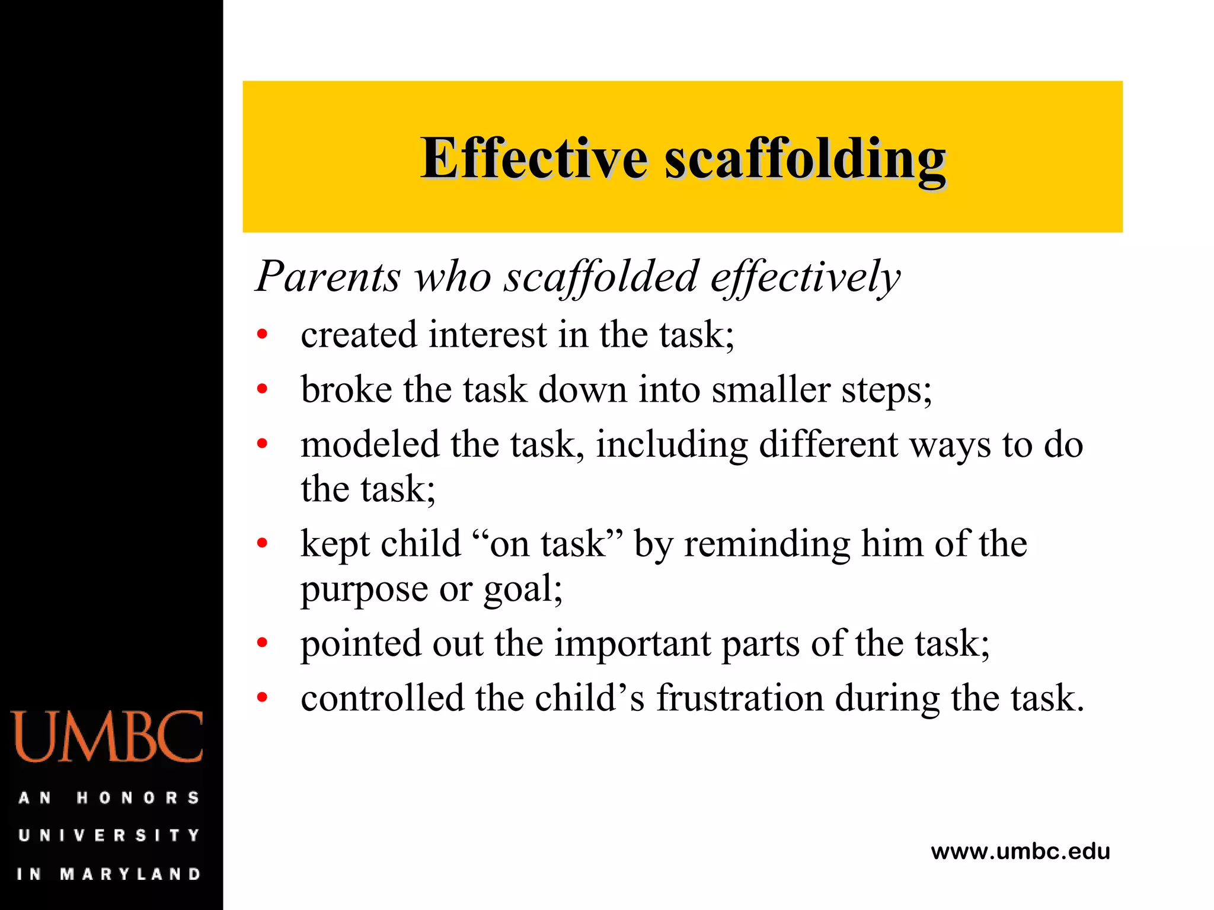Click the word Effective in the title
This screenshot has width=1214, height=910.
(x=533, y=158)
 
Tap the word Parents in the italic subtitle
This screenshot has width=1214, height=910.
(x=328, y=276)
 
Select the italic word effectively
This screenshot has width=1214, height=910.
(x=805, y=277)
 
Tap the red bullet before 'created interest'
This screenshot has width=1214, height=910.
(x=262, y=335)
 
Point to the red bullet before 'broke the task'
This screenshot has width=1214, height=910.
(x=262, y=389)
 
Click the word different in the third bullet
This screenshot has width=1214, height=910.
(x=828, y=444)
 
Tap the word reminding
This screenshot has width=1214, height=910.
(x=767, y=544)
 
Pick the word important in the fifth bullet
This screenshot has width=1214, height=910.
(x=632, y=643)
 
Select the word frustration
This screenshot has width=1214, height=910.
(x=740, y=698)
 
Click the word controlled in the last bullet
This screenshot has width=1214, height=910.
(x=382, y=698)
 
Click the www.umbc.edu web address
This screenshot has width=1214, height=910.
(x=1020, y=851)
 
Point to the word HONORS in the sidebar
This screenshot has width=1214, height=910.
(x=138, y=798)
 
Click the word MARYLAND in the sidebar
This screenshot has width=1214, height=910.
(x=130, y=874)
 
